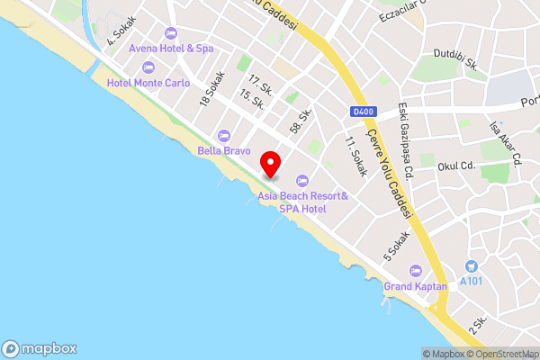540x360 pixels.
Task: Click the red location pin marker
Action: click(270, 164)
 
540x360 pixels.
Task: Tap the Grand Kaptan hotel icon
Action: click(415, 270)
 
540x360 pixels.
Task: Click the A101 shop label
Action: click(471, 281)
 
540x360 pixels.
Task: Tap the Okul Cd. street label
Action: click(455, 166)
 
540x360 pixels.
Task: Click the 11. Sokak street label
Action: click(356, 157)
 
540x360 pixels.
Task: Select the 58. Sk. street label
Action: click(301, 122)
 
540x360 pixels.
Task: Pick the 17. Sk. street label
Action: click(261, 85)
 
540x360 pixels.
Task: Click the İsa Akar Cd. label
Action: click(505, 144)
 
